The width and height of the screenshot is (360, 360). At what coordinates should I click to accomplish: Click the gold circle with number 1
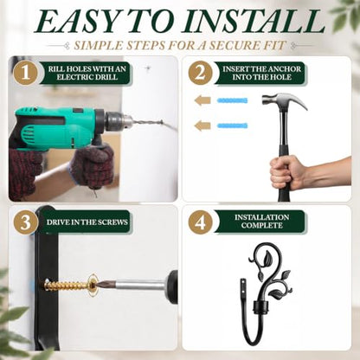[x=26, y=73]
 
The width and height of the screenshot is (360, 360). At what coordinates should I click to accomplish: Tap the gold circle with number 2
[x=201, y=73]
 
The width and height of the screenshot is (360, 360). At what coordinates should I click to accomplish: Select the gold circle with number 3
[x=26, y=222]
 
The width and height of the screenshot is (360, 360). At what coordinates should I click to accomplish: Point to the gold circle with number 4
[x=201, y=222]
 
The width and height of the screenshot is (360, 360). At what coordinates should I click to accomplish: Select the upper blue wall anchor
[x=232, y=100]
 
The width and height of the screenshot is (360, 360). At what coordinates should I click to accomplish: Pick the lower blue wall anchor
[x=232, y=125]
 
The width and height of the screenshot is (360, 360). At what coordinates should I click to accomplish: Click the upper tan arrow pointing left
[x=202, y=100]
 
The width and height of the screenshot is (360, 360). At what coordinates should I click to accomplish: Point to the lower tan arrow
[x=202, y=125]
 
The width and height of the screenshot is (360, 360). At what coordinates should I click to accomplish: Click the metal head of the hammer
[x=284, y=101]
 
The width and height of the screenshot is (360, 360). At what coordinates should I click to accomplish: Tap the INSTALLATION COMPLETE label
[x=262, y=222]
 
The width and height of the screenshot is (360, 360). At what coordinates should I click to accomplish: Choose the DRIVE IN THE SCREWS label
[x=87, y=222]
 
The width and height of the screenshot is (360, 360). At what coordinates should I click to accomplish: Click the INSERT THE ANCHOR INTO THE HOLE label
[x=261, y=73]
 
